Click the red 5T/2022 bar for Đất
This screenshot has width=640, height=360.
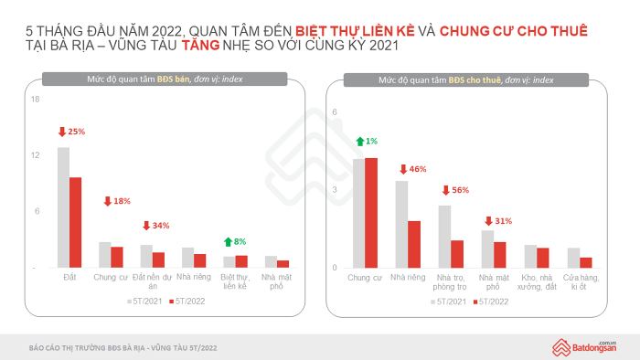pyautogui.click(x=76, y=223)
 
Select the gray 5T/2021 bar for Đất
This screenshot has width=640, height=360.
pyautogui.click(x=63, y=207)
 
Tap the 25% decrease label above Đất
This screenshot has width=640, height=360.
pyautogui.click(x=72, y=132)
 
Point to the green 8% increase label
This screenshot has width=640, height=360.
pyautogui.click(x=235, y=242)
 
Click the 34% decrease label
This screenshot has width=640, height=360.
pyautogui.click(x=156, y=226)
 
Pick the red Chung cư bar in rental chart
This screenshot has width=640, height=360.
pyautogui.click(x=371, y=213)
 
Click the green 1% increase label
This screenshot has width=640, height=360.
pyautogui.click(x=367, y=141)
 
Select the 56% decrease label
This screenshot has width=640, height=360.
pyautogui.click(x=455, y=190)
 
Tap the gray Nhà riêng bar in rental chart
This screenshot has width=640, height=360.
pyautogui.click(x=401, y=224)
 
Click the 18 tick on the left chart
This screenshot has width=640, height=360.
pyautogui.click(x=35, y=100)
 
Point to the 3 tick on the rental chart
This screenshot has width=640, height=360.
pyautogui.click(x=335, y=190)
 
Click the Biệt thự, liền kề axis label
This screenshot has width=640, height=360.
pyautogui.click(x=235, y=281)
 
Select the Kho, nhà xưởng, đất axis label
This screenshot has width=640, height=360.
pyautogui.click(x=537, y=282)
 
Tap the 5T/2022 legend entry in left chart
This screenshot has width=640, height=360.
pyautogui.click(x=187, y=302)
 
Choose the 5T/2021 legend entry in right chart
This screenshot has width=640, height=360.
pyautogui.click(x=448, y=302)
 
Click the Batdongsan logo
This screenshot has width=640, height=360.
pyautogui.click(x=584, y=347)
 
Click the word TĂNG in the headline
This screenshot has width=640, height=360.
pyautogui.click(x=200, y=46)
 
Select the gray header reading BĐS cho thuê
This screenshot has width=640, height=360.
pyautogui.click(x=466, y=79)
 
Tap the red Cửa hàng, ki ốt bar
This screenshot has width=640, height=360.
pyautogui.click(x=586, y=262)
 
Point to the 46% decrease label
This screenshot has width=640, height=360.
pyautogui.click(x=412, y=169)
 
